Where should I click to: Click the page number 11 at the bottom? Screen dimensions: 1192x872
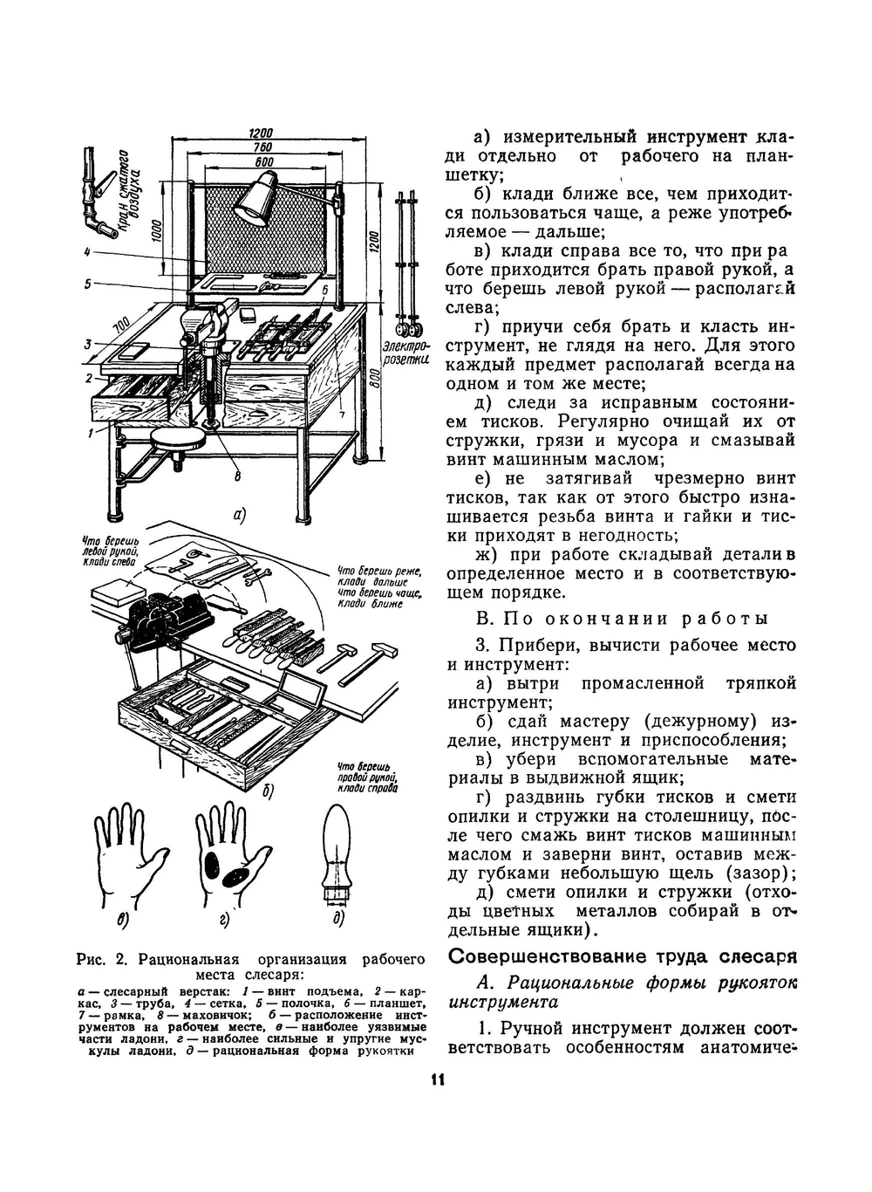click(x=437, y=1080)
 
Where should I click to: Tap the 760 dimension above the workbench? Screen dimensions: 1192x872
click(x=261, y=147)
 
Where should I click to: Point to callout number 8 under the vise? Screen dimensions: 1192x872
click(x=237, y=476)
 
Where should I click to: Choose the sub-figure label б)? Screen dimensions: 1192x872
click(x=267, y=791)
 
